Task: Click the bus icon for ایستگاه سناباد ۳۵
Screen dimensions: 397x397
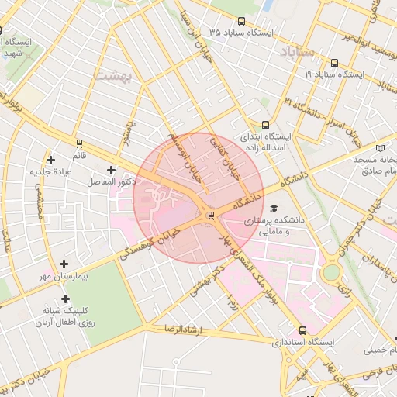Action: pos(242,22)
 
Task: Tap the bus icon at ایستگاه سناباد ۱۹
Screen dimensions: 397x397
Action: pos(333,63)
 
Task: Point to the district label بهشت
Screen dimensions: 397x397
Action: pos(113,76)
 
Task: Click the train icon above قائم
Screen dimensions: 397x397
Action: pos(79,143)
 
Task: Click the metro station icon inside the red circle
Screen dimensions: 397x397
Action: pos(209,215)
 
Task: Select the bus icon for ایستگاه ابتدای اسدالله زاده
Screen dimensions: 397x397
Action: pos(266,124)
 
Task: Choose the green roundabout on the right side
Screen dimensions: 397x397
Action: pos(332,272)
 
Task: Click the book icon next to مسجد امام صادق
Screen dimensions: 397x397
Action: pos(379,147)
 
